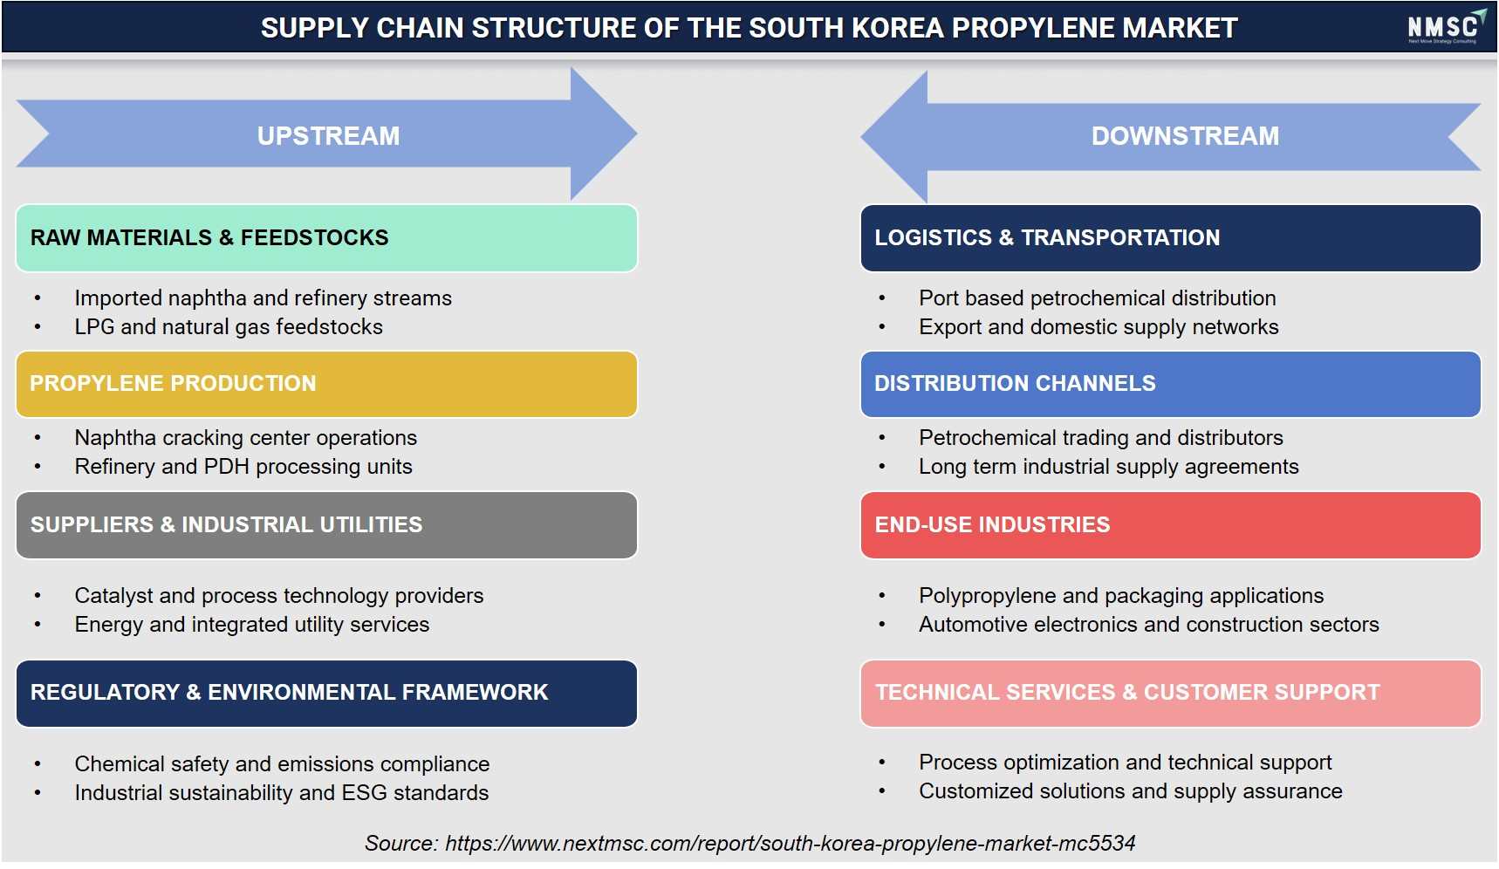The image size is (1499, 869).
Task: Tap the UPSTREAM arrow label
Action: click(x=328, y=136)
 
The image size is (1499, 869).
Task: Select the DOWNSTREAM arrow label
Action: click(x=1185, y=136)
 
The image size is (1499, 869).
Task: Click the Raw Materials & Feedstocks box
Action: click(x=326, y=238)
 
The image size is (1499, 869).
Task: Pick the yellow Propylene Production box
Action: click(x=326, y=384)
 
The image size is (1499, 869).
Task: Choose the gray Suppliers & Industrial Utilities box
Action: click(x=326, y=525)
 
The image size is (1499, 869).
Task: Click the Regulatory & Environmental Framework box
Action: click(x=326, y=694)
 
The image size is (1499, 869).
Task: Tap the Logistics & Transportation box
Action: click(x=1170, y=238)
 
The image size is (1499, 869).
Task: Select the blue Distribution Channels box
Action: click(x=1170, y=384)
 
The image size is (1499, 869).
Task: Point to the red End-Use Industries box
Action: click(x=1170, y=525)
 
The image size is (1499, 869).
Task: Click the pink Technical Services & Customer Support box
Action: click(x=1170, y=694)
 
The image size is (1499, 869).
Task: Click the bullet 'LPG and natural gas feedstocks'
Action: click(x=229, y=327)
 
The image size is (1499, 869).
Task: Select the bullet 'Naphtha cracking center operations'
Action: click(x=246, y=438)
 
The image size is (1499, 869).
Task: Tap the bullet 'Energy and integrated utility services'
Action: click(x=252, y=625)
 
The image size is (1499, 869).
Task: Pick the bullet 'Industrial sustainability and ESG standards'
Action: click(x=282, y=793)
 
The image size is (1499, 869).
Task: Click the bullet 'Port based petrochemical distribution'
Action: click(x=1098, y=298)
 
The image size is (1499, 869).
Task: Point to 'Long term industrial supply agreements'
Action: click(x=1109, y=467)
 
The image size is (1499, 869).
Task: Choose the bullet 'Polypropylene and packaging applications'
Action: click(x=1121, y=596)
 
